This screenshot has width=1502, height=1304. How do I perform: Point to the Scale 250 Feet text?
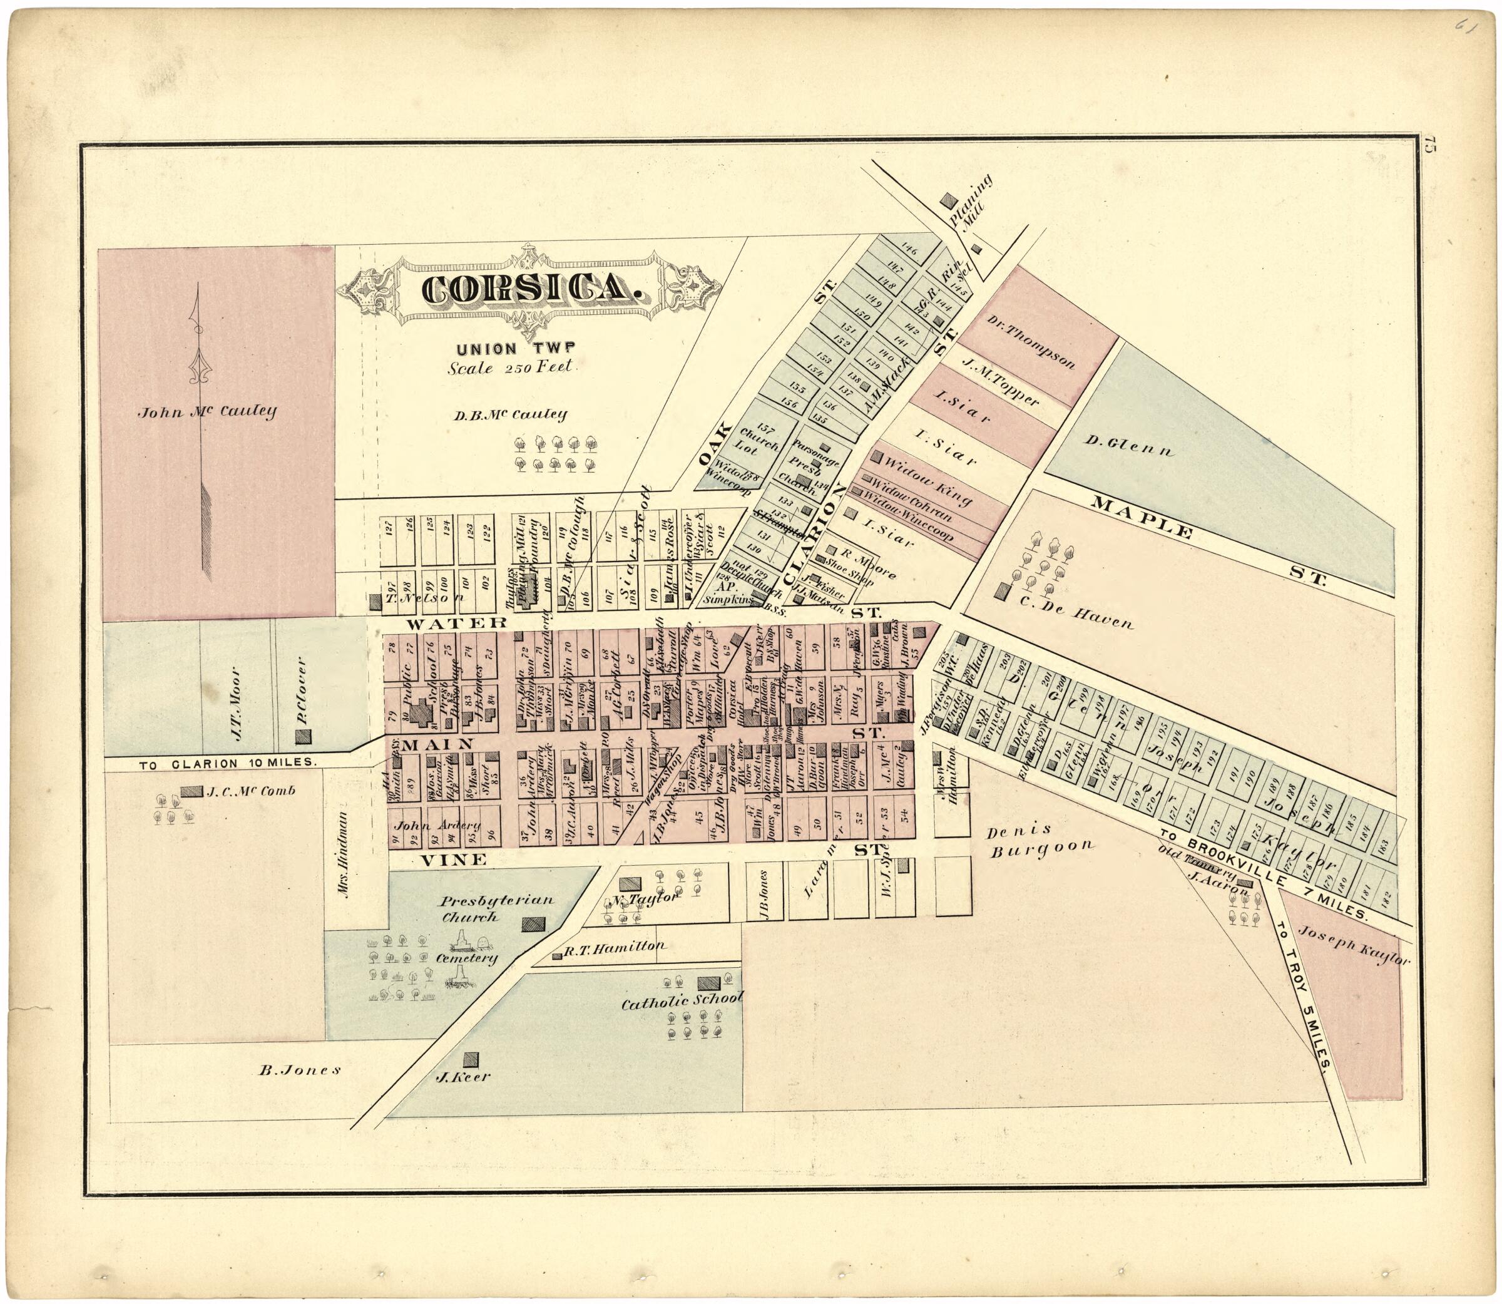tap(512, 368)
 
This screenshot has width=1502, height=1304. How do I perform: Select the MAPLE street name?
tap(1144, 520)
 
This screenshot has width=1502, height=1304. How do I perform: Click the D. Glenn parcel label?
tap(1130, 445)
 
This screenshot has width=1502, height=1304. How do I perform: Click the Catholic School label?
tap(682, 1001)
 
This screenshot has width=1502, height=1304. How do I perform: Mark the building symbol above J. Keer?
tap(472, 1059)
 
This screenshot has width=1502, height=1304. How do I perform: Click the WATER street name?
tap(456, 623)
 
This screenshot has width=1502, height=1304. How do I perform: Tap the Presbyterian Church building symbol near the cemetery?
tap(533, 924)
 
